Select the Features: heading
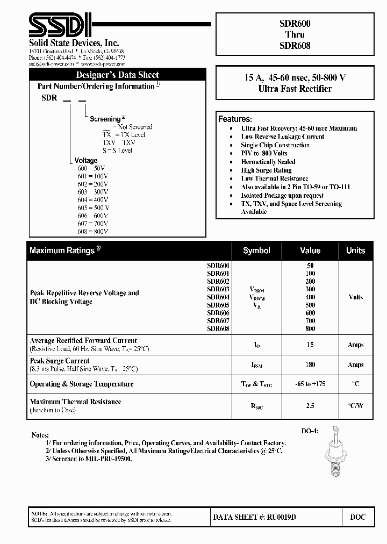(235, 119)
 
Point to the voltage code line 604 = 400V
(93, 199)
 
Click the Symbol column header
(256, 250)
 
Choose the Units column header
(355, 250)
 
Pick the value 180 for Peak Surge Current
(310, 364)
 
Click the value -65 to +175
(310, 384)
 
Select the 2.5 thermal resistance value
(310, 405)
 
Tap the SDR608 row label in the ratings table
(218, 329)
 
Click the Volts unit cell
(355, 297)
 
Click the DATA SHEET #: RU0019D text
(255, 517)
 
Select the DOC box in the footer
(357, 517)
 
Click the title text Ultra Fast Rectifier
(295, 89)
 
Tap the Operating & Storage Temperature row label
(81, 384)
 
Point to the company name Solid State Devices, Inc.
(74, 43)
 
